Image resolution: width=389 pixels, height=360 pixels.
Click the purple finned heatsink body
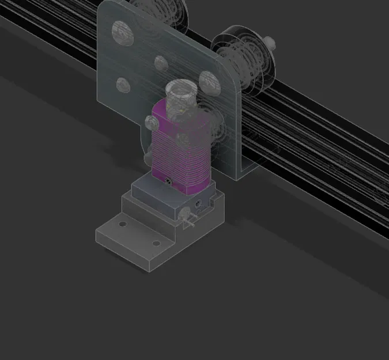coord(179,150)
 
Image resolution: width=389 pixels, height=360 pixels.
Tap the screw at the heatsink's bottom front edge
coord(169,182)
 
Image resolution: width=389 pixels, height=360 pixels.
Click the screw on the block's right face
coord(199,203)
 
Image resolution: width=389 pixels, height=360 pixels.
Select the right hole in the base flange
coord(156,243)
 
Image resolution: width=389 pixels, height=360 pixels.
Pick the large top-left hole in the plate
coord(120,29)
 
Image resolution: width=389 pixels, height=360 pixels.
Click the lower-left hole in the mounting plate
coord(122,85)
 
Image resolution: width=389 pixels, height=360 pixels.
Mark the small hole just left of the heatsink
coord(152,123)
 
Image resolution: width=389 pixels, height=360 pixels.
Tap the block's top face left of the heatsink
coord(141,185)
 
